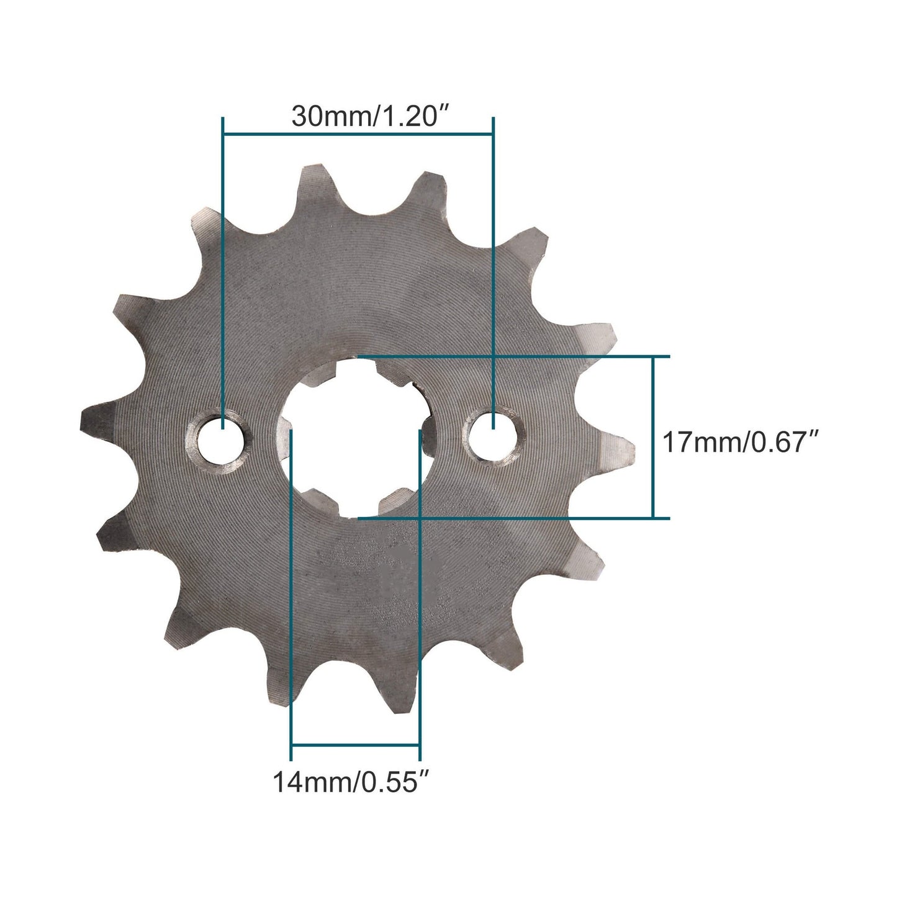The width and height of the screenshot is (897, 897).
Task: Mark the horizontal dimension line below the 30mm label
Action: pos(358,133)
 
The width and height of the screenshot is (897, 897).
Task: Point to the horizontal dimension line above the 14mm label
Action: pos(356,744)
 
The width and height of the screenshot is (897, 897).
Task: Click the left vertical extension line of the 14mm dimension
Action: pos(291,590)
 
